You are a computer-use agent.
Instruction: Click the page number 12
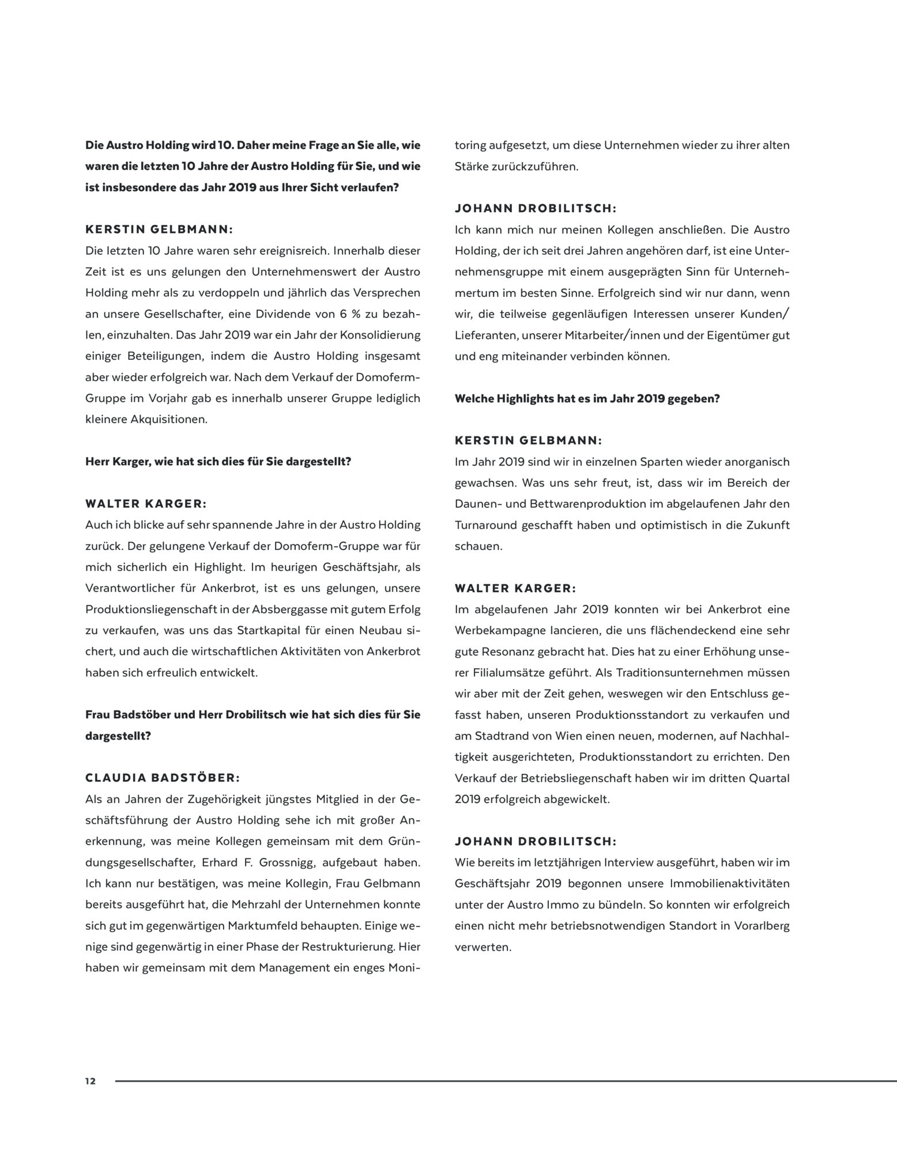point(91,1081)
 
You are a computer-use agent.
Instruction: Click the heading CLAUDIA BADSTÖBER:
point(163,778)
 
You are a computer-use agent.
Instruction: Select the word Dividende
point(279,314)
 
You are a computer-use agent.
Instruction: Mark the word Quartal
point(769,778)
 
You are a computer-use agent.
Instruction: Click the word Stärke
point(472,167)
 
